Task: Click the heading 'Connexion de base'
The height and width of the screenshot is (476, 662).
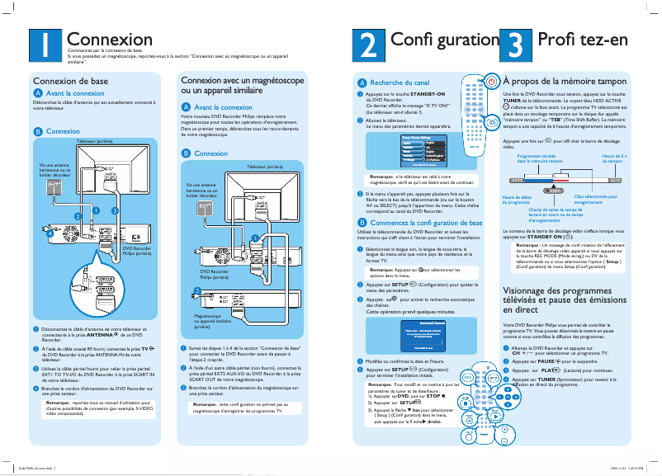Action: click(x=69, y=81)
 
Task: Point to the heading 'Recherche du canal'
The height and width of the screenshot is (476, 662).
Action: click(x=400, y=83)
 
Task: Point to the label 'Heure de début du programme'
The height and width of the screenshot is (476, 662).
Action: click(x=517, y=199)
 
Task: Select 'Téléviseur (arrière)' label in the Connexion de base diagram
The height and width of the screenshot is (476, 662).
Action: click(x=94, y=143)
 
